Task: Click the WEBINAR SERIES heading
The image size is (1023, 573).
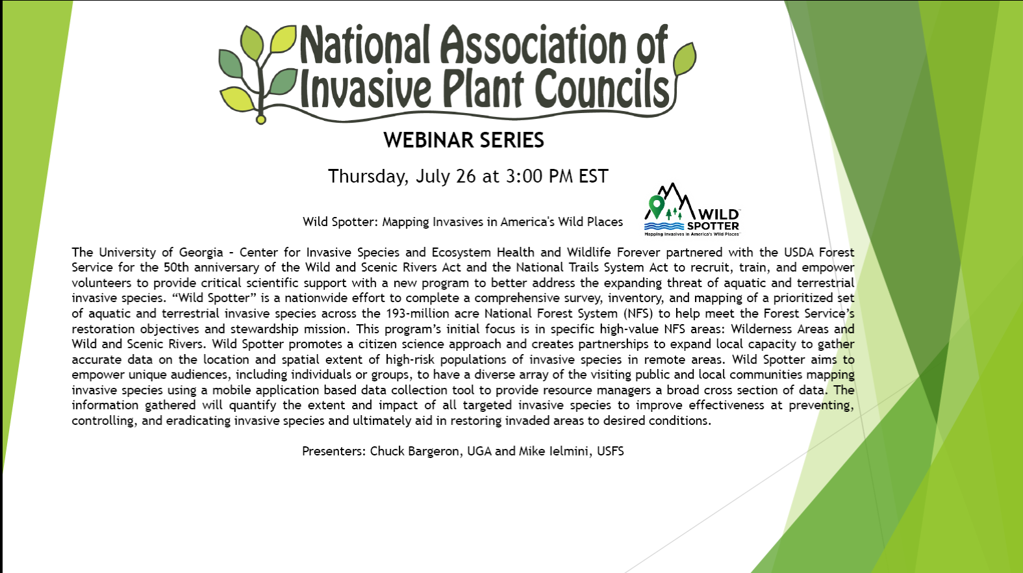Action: pos(464,140)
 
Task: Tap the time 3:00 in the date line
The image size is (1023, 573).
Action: pos(524,176)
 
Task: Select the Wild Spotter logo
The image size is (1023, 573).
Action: pos(692,210)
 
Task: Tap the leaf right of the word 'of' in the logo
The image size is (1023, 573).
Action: pos(685,58)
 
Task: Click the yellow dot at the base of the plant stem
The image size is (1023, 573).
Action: pos(260,120)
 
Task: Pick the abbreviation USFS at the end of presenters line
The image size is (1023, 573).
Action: pos(610,452)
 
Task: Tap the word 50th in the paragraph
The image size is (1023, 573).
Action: pos(176,267)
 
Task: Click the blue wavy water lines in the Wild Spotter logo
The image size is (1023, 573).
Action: pos(664,226)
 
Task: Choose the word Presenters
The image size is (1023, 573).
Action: pos(334,452)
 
